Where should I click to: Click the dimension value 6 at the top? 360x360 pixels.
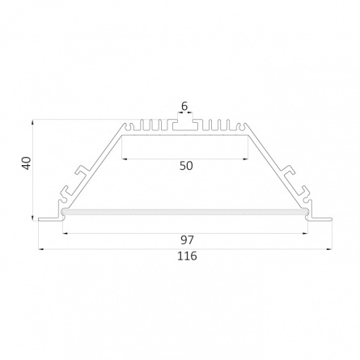coord(184,106)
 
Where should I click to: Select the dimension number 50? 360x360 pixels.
coord(186,166)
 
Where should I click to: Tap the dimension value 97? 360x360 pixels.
coord(187,239)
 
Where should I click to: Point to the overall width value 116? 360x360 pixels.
coord(187,256)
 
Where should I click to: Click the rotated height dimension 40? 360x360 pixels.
coord(27,163)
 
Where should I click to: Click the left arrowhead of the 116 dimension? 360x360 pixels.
coord(41,249)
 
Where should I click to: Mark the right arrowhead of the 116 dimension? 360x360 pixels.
coord(329,249)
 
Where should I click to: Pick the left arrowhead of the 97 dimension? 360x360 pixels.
coord(66,233)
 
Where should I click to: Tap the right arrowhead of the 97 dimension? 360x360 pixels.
coord(305,233)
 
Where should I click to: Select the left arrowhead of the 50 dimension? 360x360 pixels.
coord(125,159)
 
